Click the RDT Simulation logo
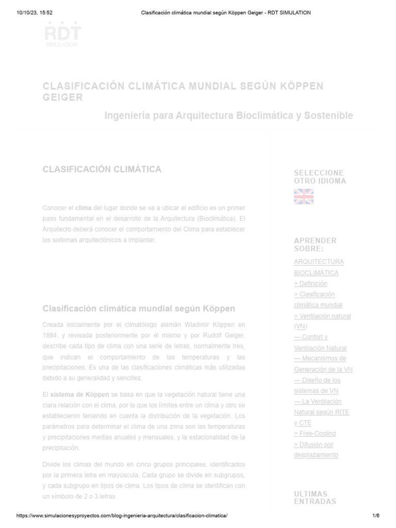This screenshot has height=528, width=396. pos(62,35)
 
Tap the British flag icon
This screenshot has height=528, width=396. pos(304,196)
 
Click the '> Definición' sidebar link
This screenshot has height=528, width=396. pos(310,284)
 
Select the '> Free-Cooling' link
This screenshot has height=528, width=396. pos(315,434)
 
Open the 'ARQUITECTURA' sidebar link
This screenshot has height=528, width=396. pos(319,262)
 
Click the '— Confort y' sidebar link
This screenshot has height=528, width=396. pos(310,337)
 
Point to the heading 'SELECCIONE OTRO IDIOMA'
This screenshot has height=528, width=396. pos(320,177)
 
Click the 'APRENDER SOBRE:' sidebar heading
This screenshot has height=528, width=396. pos(315,244)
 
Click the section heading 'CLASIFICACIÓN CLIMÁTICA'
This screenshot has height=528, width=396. pos(102,169)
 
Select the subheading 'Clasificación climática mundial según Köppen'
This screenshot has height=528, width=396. pos(139,308)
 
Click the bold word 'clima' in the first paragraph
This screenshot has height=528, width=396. pos(83,208)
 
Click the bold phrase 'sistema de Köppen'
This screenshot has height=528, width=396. pos(79,394)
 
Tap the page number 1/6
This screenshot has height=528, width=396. pos(375,516)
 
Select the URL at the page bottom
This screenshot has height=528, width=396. pos(122,516)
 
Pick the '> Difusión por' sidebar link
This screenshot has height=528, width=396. pos(313,444)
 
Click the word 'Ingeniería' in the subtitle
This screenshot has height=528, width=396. pos(127,115)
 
